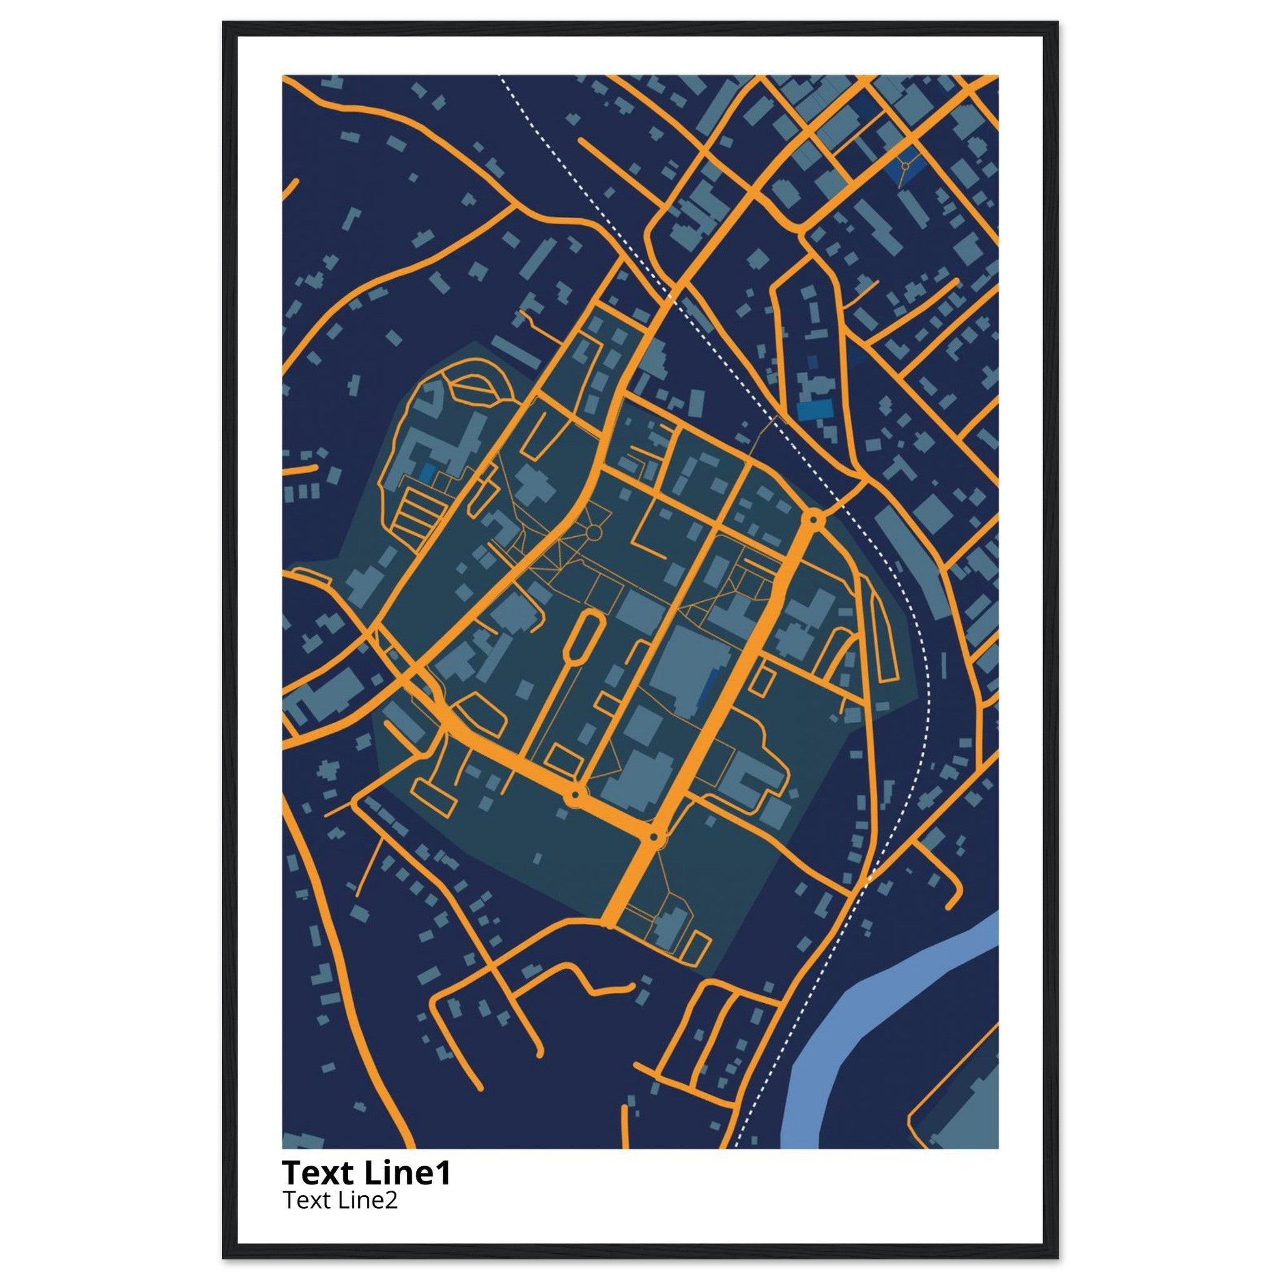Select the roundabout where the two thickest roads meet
click(654, 838)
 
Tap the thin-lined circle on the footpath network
click(594, 532)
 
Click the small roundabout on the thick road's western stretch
click(574, 794)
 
